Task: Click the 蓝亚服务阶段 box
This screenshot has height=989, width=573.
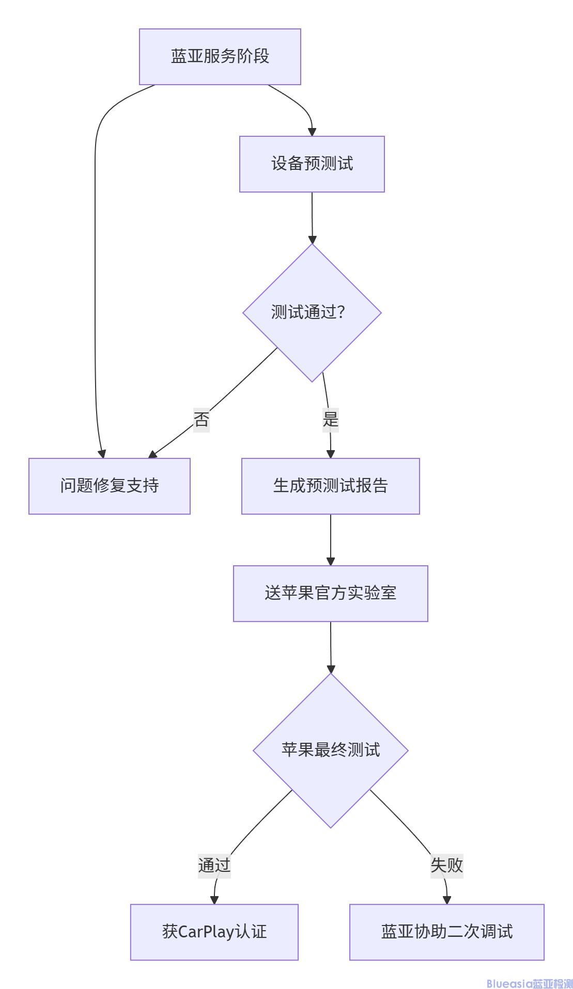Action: click(220, 57)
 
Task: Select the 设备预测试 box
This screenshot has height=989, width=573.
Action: click(312, 164)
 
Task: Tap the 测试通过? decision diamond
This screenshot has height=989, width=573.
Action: click(312, 312)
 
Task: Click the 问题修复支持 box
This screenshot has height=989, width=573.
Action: click(110, 486)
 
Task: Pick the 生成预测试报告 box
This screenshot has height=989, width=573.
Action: click(331, 486)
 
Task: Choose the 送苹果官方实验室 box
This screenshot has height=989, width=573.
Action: click(331, 593)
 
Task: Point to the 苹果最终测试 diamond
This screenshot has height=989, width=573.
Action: click(331, 750)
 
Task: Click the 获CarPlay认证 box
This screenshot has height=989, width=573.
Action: click(214, 932)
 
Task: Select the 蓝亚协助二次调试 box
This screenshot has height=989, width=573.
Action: click(447, 932)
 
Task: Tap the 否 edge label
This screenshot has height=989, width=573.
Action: click(202, 419)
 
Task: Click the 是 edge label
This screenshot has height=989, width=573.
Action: click(331, 419)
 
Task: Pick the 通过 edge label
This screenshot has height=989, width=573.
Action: click(214, 865)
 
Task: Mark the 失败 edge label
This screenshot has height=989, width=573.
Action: click(447, 865)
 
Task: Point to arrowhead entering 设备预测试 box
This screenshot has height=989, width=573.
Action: click(312, 132)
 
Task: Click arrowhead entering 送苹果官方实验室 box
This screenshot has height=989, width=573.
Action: click(331, 562)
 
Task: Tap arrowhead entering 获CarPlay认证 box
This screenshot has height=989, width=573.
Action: click(214, 900)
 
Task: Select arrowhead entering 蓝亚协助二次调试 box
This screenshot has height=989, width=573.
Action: click(447, 900)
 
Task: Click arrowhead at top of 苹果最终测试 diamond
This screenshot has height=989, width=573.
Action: click(331, 669)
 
